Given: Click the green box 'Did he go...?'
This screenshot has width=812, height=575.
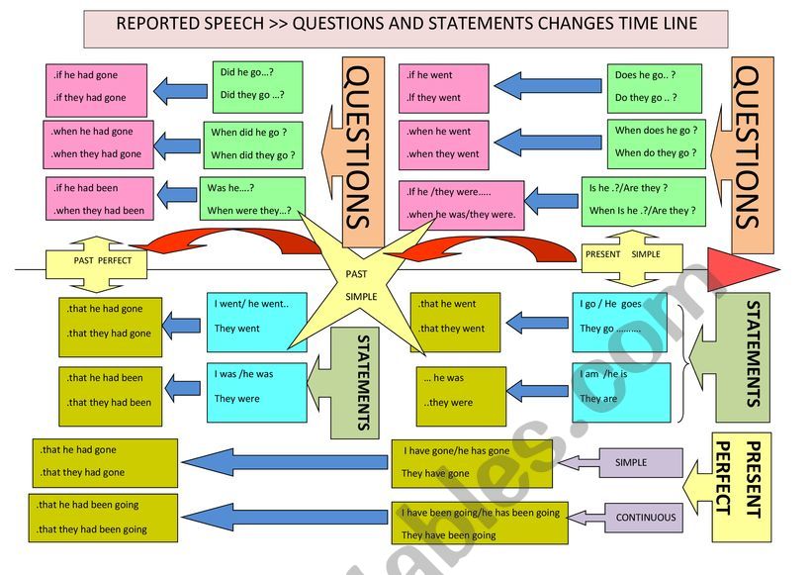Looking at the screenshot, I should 256,84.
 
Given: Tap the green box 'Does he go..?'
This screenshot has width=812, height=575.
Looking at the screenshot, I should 653,87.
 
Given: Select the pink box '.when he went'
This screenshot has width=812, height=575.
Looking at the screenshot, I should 444,143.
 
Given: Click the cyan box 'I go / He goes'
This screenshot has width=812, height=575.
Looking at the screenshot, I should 620,316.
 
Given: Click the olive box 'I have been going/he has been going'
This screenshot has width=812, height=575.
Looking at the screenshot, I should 481,524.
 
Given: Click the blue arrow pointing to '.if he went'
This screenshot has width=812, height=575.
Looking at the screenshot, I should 548,85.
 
